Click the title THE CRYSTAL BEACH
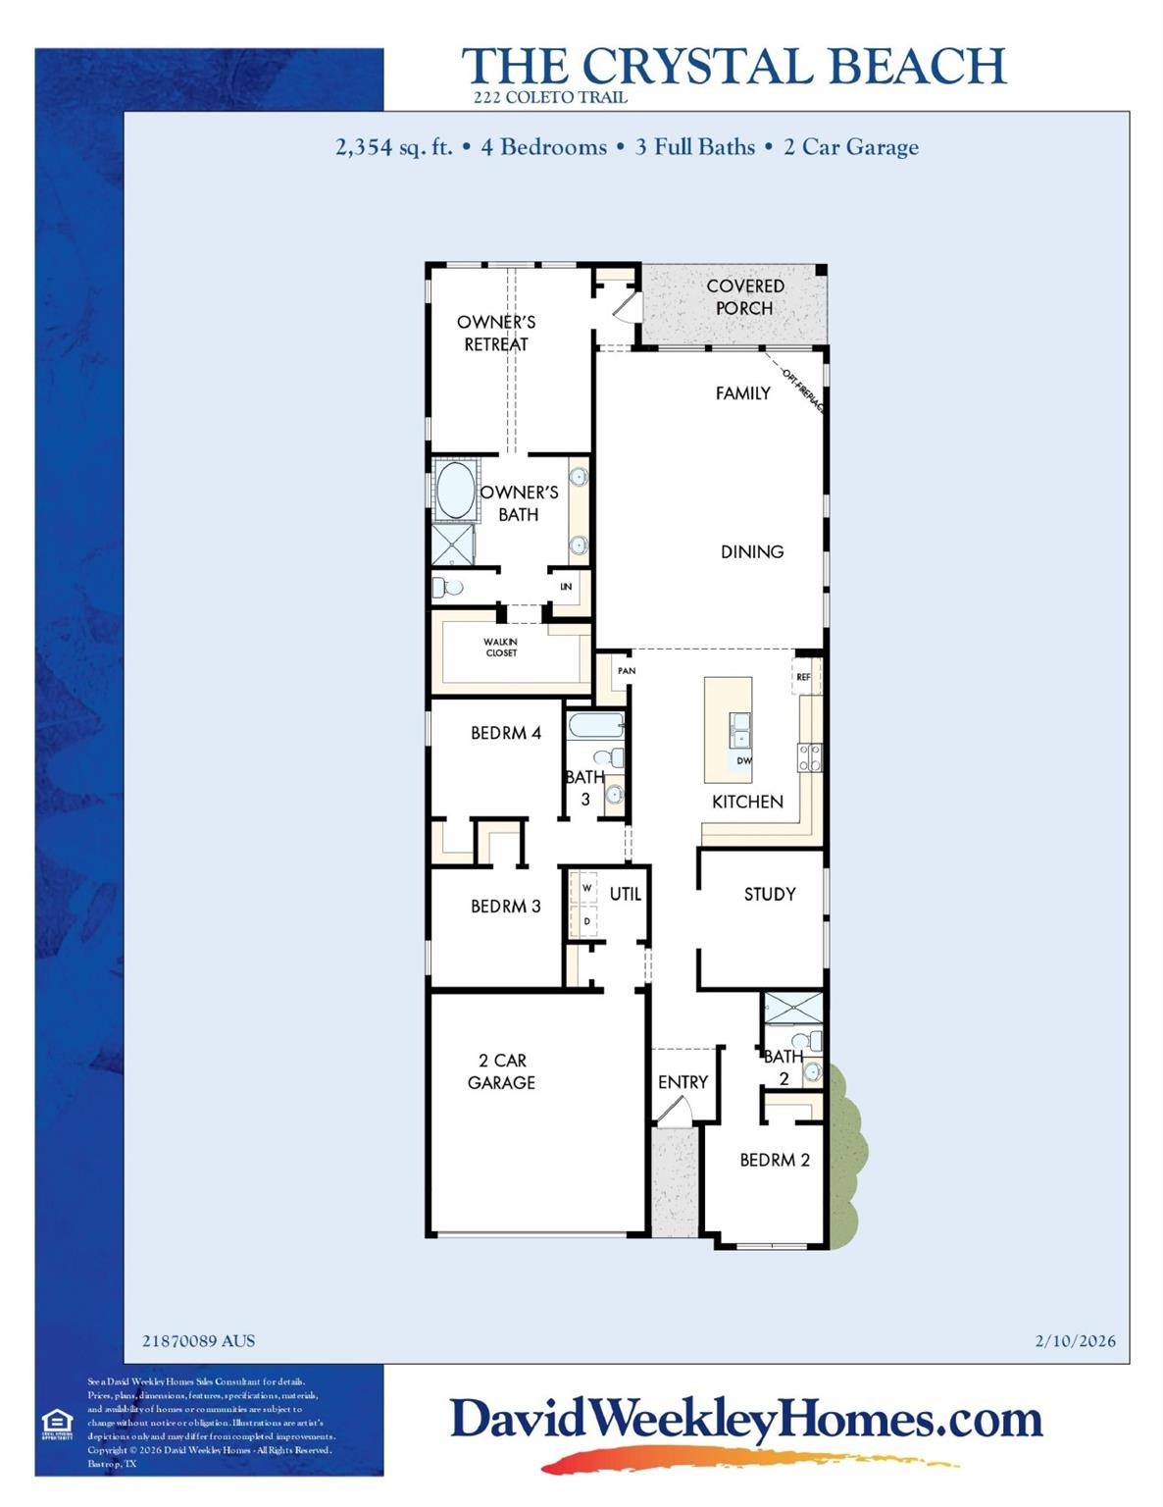click(733, 66)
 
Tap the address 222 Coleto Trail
click(550, 97)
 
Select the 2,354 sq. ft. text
click(393, 147)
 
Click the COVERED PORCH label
click(744, 296)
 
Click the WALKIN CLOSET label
click(500, 648)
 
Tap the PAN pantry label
click(626, 671)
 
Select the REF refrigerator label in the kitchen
click(803, 677)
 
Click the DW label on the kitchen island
click(743, 760)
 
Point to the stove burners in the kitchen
click(809, 756)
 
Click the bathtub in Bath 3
click(596, 727)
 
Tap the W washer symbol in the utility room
click(586, 888)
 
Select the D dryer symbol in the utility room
click(586, 921)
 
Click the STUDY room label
click(769, 894)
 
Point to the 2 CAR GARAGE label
click(501, 1071)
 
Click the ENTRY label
click(683, 1081)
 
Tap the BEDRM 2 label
click(774, 1160)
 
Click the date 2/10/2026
click(1075, 1340)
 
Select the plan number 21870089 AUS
click(198, 1340)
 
